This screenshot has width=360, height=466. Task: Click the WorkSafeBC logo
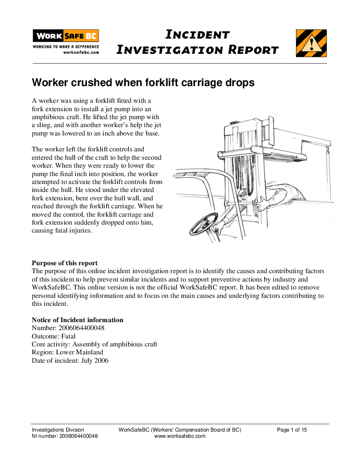[66, 36]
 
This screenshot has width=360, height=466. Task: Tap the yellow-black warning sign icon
[311, 43]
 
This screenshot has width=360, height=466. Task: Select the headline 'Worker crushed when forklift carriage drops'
[143, 83]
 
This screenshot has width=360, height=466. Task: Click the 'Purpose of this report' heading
[65, 263]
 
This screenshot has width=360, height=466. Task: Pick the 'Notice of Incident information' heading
[78, 320]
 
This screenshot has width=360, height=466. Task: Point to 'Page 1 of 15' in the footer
[292, 430]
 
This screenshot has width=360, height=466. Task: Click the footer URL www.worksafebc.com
[180, 436]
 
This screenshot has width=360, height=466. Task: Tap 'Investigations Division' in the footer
[58, 430]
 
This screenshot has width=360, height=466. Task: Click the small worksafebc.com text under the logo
[81, 52]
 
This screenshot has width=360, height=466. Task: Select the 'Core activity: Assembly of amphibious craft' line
[94, 344]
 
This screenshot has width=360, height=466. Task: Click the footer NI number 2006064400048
[79, 436]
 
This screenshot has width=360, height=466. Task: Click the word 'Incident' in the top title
[197, 35]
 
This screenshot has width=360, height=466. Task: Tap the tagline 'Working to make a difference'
[66, 46]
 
